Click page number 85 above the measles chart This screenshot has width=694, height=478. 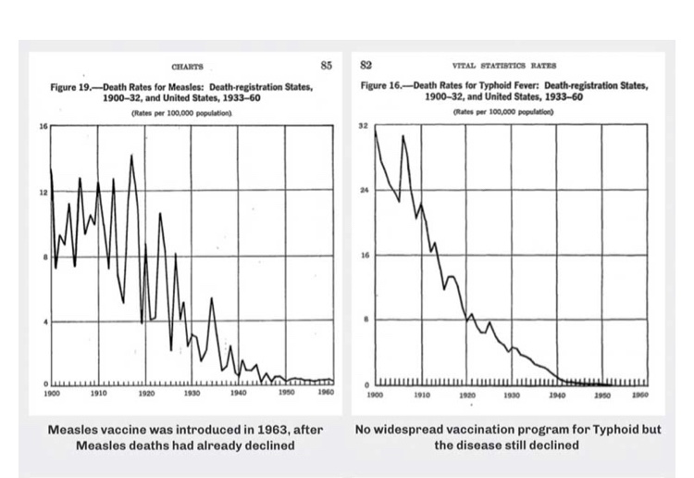[325, 65]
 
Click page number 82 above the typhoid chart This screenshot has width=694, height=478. [366, 65]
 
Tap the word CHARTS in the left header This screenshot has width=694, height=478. [187, 67]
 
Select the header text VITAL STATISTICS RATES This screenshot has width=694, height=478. [504, 67]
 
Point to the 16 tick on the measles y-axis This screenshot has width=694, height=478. [42, 125]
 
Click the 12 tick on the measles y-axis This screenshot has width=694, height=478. [42, 192]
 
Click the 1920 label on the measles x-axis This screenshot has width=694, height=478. [145, 394]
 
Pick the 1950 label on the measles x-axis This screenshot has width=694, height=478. [286, 394]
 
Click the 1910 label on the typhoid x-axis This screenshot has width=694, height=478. [420, 394]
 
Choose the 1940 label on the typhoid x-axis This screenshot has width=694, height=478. [556, 394]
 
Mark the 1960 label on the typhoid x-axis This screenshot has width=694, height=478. [638, 394]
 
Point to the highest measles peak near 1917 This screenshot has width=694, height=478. [131, 155]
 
